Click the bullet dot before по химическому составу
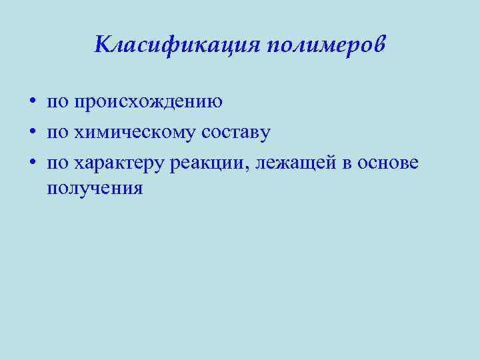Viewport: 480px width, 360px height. (x=31, y=132)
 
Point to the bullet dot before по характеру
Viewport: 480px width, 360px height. (x=31, y=162)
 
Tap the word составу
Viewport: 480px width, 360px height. (x=237, y=132)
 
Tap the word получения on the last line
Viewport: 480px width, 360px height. (x=95, y=188)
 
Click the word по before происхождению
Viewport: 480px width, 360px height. (x=58, y=103)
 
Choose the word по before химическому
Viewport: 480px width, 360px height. (x=58, y=132)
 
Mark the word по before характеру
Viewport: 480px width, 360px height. (x=58, y=162)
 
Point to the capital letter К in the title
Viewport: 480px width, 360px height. (x=103, y=45)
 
